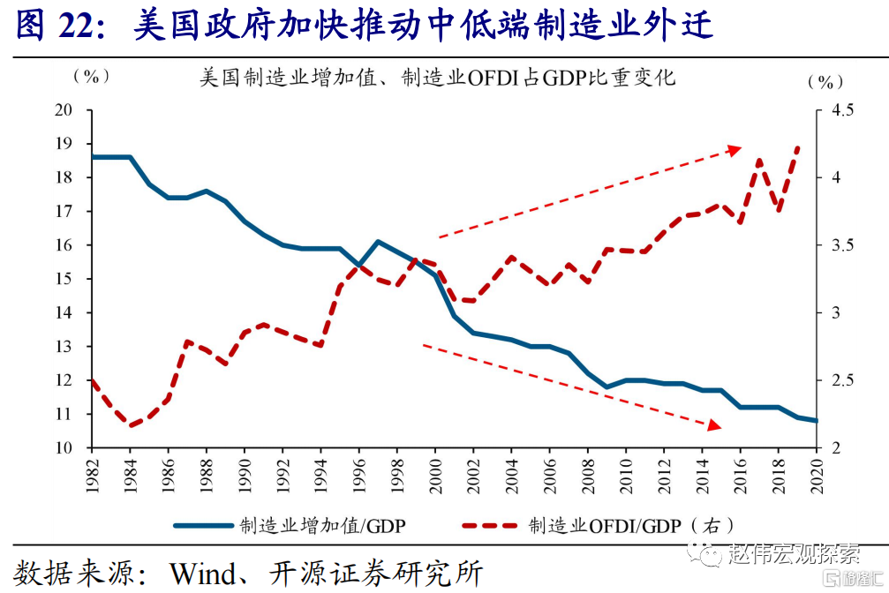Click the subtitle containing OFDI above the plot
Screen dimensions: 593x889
pos(437,78)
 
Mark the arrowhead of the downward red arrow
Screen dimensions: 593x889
pos(716,426)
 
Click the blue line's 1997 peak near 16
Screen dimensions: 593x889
pos(377,241)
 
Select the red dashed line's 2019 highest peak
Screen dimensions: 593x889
pos(798,147)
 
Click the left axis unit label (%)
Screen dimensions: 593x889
pos(91,77)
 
